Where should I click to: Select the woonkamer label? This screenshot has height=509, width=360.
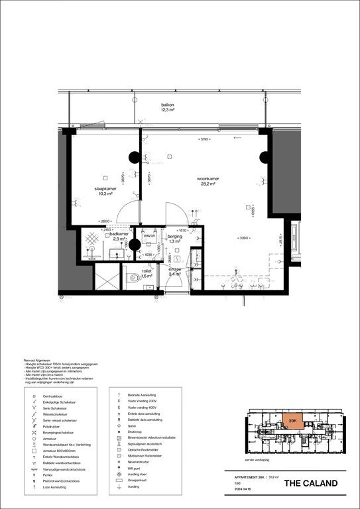[x=208, y=179]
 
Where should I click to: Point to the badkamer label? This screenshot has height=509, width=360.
[x=119, y=235]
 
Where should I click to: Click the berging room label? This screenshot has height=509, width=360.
[x=174, y=237]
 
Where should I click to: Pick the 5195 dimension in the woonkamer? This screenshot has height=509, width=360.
[x=205, y=140]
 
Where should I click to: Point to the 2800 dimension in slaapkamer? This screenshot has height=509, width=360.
[x=105, y=221]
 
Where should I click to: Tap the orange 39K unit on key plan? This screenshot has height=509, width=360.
[x=292, y=420]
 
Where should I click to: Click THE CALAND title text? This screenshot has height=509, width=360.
[x=315, y=483]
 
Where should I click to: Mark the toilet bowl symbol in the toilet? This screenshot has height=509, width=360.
[x=136, y=278]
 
